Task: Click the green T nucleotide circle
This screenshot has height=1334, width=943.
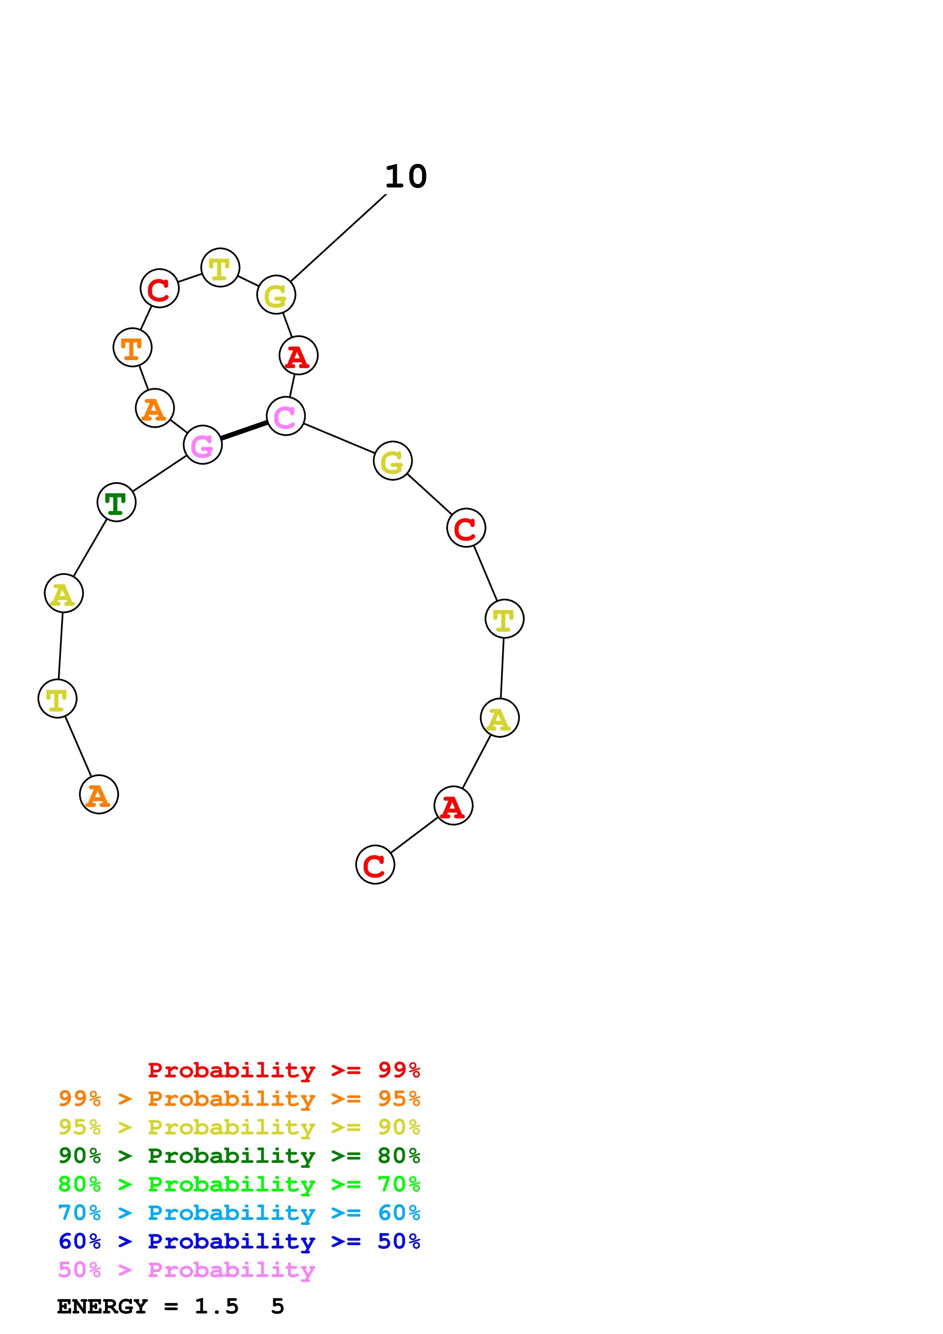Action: point(116,502)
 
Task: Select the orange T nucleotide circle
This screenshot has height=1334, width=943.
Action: point(132,348)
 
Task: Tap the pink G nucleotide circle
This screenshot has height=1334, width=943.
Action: point(202,445)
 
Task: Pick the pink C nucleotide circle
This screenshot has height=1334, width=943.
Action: point(285,416)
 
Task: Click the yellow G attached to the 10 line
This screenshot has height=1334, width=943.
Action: point(276,295)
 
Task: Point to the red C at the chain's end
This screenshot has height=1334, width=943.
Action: point(375,864)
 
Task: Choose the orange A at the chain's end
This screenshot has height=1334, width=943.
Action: point(99,794)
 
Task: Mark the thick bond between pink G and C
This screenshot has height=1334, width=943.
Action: point(244,430)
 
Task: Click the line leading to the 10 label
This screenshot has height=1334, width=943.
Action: point(338,238)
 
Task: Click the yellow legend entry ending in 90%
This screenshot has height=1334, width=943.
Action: point(239,1127)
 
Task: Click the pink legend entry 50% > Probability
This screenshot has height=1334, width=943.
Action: point(186,1269)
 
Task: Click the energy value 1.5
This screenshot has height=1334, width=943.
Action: point(216,1307)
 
